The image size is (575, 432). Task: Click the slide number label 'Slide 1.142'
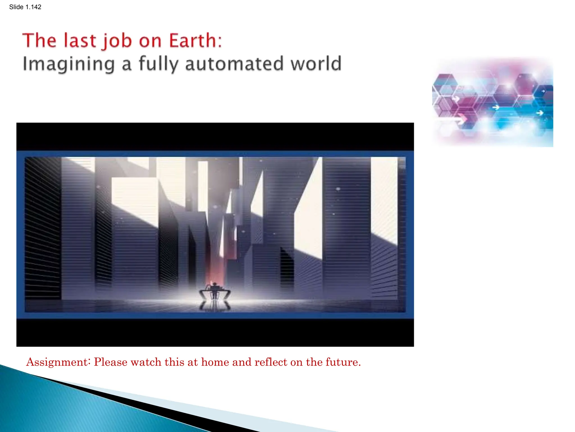click(x=25, y=7)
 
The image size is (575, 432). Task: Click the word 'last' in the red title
click(x=80, y=40)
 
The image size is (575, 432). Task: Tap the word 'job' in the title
click(x=117, y=41)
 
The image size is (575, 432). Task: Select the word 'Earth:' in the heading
click(x=195, y=40)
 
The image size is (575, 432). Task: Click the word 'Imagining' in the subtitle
click(x=69, y=64)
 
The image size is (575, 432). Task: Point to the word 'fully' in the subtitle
click(x=158, y=64)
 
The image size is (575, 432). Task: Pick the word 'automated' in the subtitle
click(x=234, y=64)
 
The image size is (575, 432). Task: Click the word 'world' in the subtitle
click(x=316, y=64)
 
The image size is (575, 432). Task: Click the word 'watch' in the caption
click(x=146, y=362)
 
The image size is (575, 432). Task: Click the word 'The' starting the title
click(x=39, y=40)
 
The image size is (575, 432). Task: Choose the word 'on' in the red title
click(x=150, y=41)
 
